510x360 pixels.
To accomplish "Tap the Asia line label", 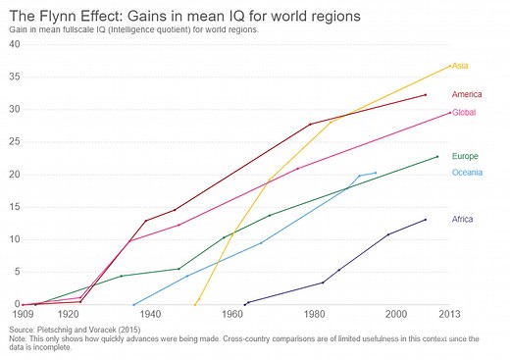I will pos(459,65).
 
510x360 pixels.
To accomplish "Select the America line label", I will pos(466,94).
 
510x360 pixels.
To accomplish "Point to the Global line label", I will pos(463,113).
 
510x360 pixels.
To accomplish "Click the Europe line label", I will pos(464,156).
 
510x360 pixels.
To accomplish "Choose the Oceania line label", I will pos(467,174).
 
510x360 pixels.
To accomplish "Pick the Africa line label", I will pos(462,219).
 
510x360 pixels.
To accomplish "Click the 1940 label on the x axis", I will pos(150,315).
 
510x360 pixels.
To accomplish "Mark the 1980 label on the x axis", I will pos(314,315).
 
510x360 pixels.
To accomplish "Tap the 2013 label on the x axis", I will pos(450,315).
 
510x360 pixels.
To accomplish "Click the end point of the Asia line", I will pos(449,66).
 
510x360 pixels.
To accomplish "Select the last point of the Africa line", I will pos(425,220).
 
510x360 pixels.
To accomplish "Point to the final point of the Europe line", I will pos(437,157).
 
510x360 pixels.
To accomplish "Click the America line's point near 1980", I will pos(310,125).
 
